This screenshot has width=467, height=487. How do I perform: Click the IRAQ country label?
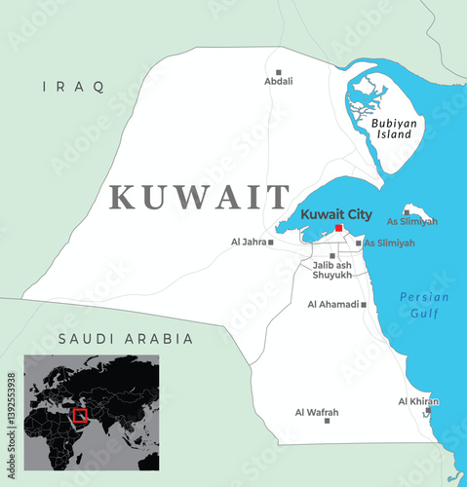click(x=73, y=87)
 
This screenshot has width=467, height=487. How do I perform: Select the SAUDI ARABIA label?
click(x=126, y=339)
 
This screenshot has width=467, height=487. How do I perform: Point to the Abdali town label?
click(x=278, y=82)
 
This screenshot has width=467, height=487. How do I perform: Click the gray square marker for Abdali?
click(x=278, y=71)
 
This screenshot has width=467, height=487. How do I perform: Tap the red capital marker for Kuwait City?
click(x=338, y=228)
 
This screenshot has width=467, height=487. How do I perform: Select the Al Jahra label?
click(x=248, y=242)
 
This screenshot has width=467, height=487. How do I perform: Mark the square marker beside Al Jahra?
click(x=270, y=242)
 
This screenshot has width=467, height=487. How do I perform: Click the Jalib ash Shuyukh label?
click(x=332, y=270)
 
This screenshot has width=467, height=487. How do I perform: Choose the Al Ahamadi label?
click(x=332, y=304)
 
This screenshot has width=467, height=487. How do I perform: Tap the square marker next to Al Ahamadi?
click(x=364, y=304)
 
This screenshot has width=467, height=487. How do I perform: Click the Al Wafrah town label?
click(x=317, y=413)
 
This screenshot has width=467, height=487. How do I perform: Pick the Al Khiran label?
click(x=418, y=401)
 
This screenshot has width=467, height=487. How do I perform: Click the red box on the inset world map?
click(x=80, y=416)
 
